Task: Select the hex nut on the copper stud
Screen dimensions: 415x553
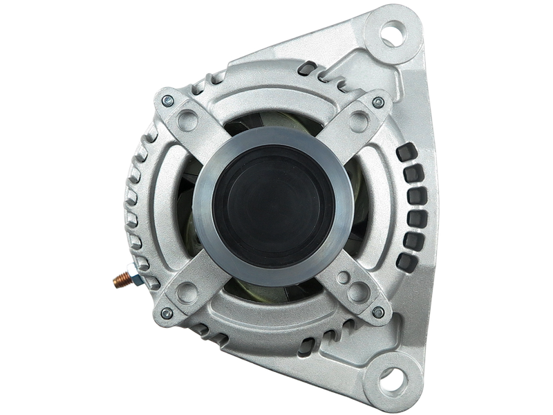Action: click(x=133, y=277)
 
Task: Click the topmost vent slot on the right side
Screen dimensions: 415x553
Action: click(x=405, y=152)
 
